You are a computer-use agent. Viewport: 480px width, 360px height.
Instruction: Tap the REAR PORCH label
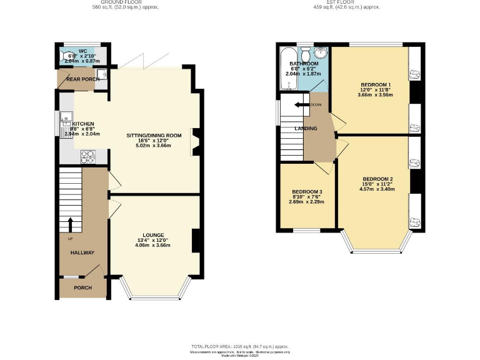point(79,79)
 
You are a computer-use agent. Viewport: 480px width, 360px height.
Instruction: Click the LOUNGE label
point(152,234)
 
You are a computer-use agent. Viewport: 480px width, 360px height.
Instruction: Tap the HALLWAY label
point(82,252)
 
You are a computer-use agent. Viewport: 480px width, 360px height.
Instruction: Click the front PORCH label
point(82,287)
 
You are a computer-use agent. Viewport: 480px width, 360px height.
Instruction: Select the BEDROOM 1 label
point(376,84)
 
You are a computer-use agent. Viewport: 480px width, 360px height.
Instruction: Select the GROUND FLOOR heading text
point(125,2)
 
